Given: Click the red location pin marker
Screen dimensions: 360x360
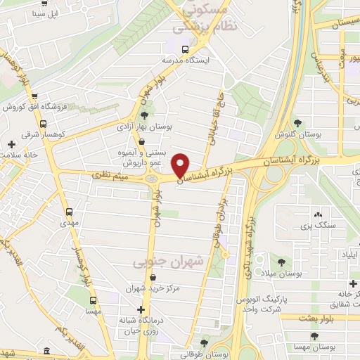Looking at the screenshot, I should coord(181,165).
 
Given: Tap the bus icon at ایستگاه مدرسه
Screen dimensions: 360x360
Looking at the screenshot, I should coord(184,49).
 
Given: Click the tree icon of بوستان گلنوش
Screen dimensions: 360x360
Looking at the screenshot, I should coord(297,122).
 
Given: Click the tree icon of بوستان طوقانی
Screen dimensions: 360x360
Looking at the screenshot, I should coord(203,343).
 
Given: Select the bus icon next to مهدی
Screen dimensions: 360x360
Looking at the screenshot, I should coord(69,211).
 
